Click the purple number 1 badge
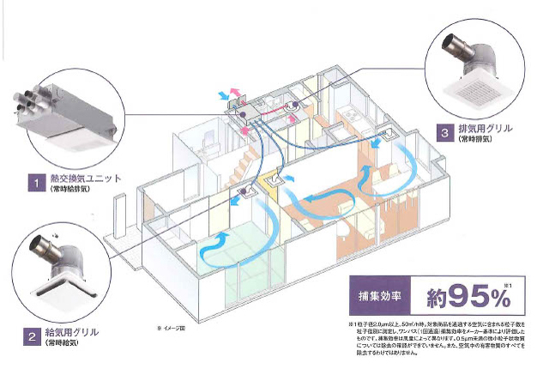pos(34,181)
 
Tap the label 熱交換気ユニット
pos(82,179)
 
